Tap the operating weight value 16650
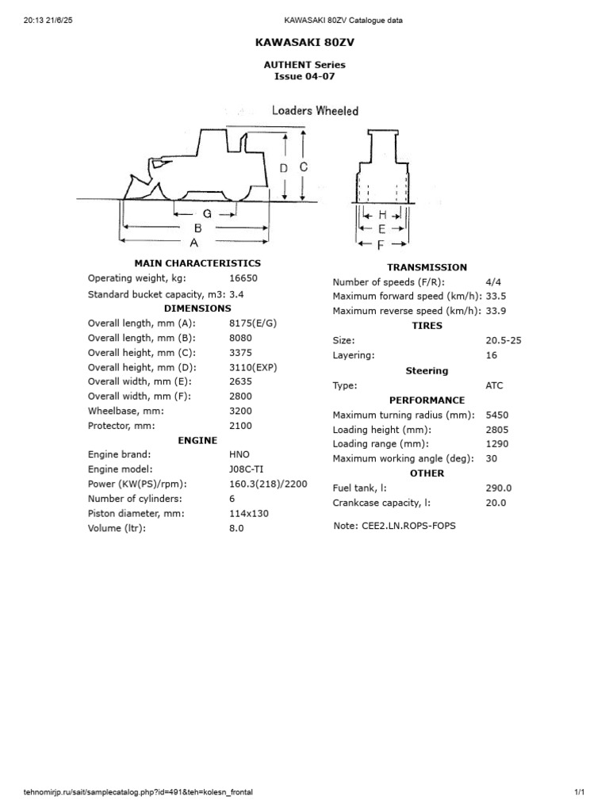[243, 278]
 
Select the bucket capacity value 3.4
[236, 294]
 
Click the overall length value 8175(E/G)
[253, 324]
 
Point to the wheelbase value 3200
[240, 411]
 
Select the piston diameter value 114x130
[248, 513]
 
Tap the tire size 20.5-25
[504, 340]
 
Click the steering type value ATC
[494, 385]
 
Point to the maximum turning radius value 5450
[496, 415]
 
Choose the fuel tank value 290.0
[499, 488]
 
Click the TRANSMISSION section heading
[427, 267]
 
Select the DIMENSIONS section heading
[197, 308]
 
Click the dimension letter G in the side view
[207, 214]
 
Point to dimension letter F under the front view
[381, 246]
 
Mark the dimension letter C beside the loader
[303, 167]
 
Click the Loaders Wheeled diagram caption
[315, 111]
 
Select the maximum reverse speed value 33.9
[496, 311]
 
